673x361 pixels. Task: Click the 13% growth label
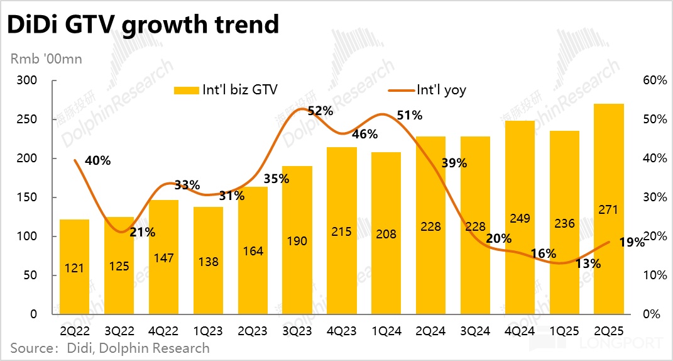coord(588,264)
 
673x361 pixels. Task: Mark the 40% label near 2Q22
coord(97,160)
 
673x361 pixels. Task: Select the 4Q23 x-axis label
coord(341,330)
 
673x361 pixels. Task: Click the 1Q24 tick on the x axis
coord(386,330)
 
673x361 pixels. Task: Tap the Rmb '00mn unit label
coord(46,60)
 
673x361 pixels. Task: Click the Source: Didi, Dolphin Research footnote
coord(109,347)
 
